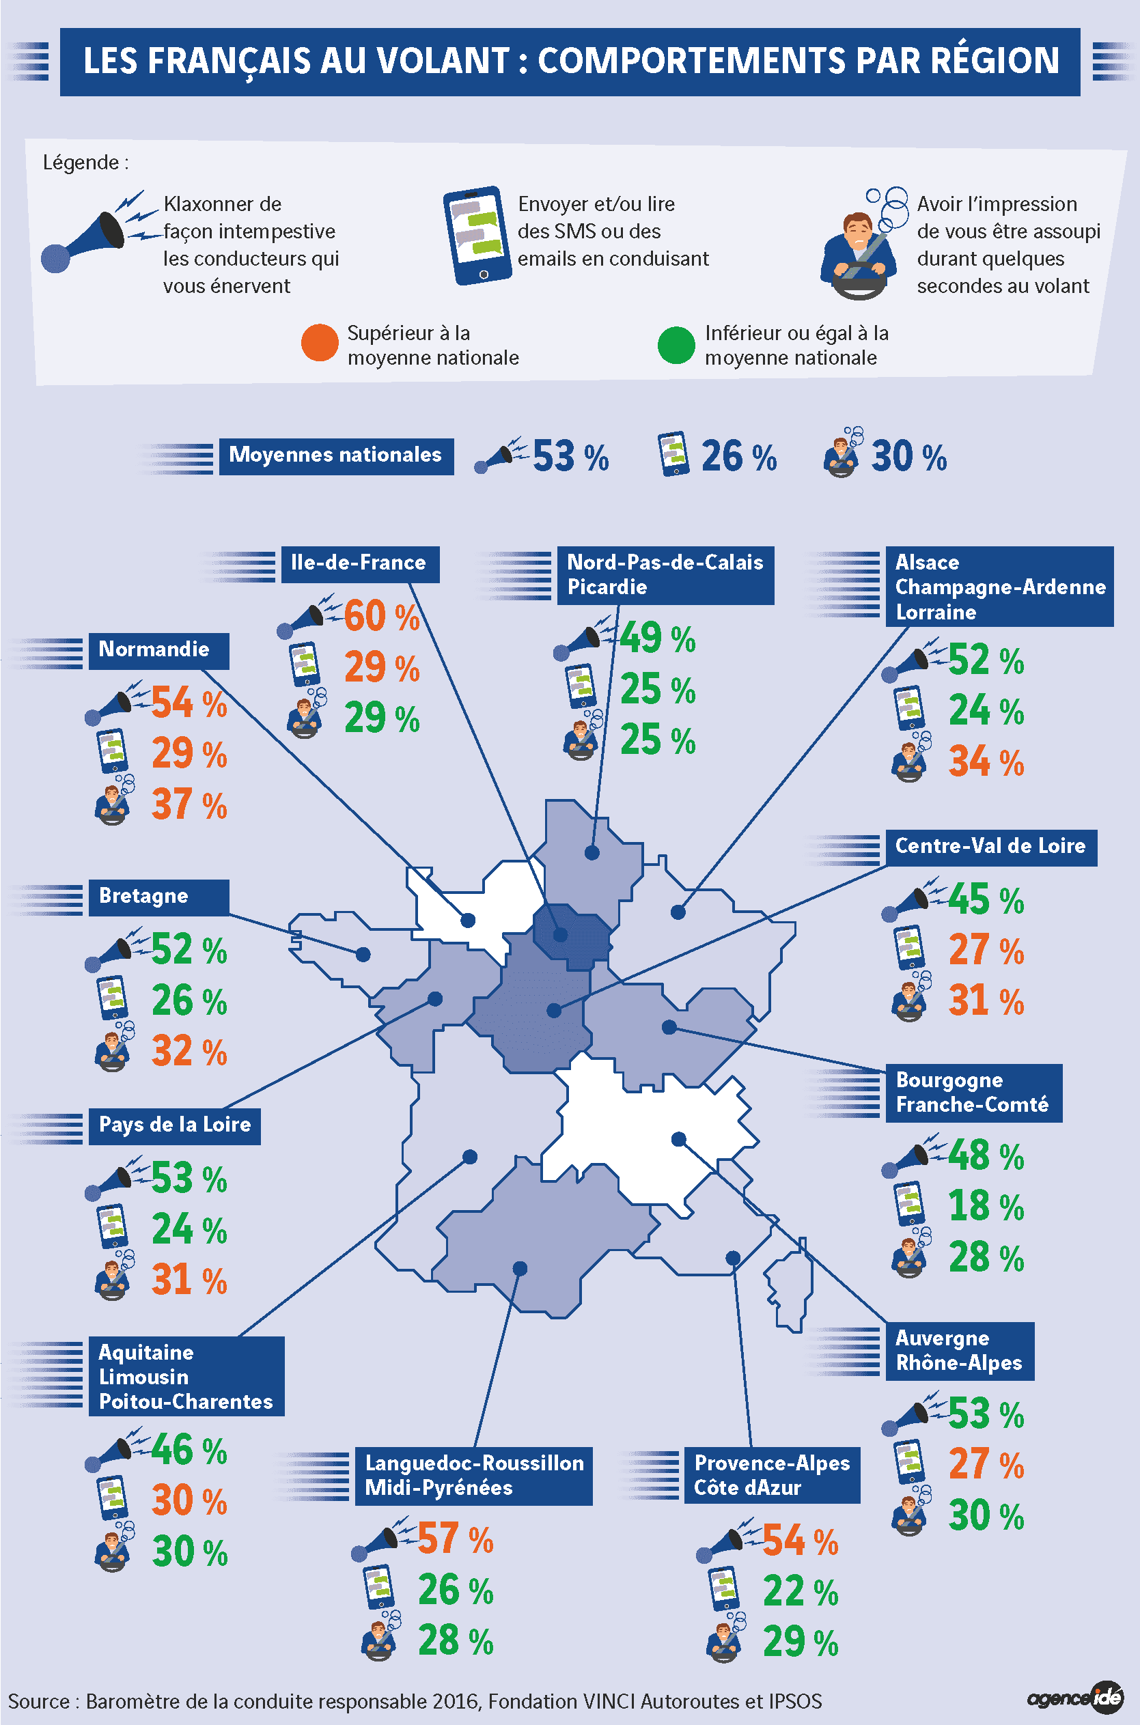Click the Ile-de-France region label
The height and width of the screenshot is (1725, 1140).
tap(360, 564)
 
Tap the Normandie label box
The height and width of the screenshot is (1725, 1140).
tap(158, 651)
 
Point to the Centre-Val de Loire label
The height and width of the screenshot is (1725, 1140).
tap(991, 847)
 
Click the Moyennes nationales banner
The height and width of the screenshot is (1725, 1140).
tap(337, 455)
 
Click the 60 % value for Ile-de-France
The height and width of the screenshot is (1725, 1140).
tap(382, 616)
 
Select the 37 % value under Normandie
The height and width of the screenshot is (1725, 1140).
tap(189, 804)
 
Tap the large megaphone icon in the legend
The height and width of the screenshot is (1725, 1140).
tap(98, 232)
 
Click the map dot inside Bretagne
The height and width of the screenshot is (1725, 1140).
tap(363, 955)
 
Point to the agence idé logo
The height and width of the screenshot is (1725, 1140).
tap(1074, 1698)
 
